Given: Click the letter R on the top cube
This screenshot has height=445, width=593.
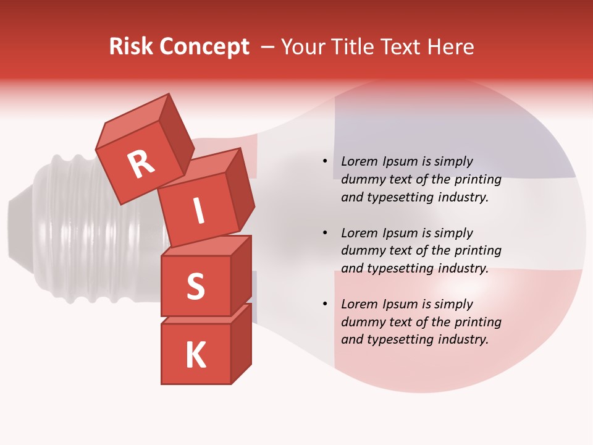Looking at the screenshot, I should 141,164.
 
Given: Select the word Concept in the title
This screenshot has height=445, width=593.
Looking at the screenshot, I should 204,47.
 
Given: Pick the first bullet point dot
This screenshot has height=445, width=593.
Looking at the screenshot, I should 325,161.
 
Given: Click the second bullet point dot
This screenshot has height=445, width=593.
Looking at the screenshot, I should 325,233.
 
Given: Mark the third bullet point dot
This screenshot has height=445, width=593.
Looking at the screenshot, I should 325,304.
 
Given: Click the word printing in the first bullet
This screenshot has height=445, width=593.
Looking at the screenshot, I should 477,179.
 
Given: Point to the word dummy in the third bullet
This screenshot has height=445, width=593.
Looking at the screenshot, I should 363,322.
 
